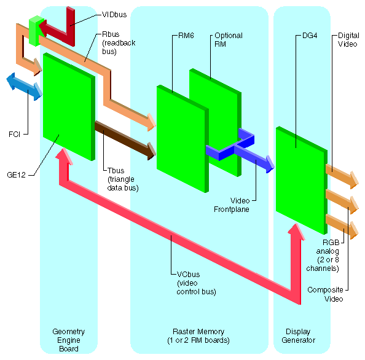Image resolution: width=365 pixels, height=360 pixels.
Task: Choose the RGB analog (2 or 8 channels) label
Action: (x=331, y=256)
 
